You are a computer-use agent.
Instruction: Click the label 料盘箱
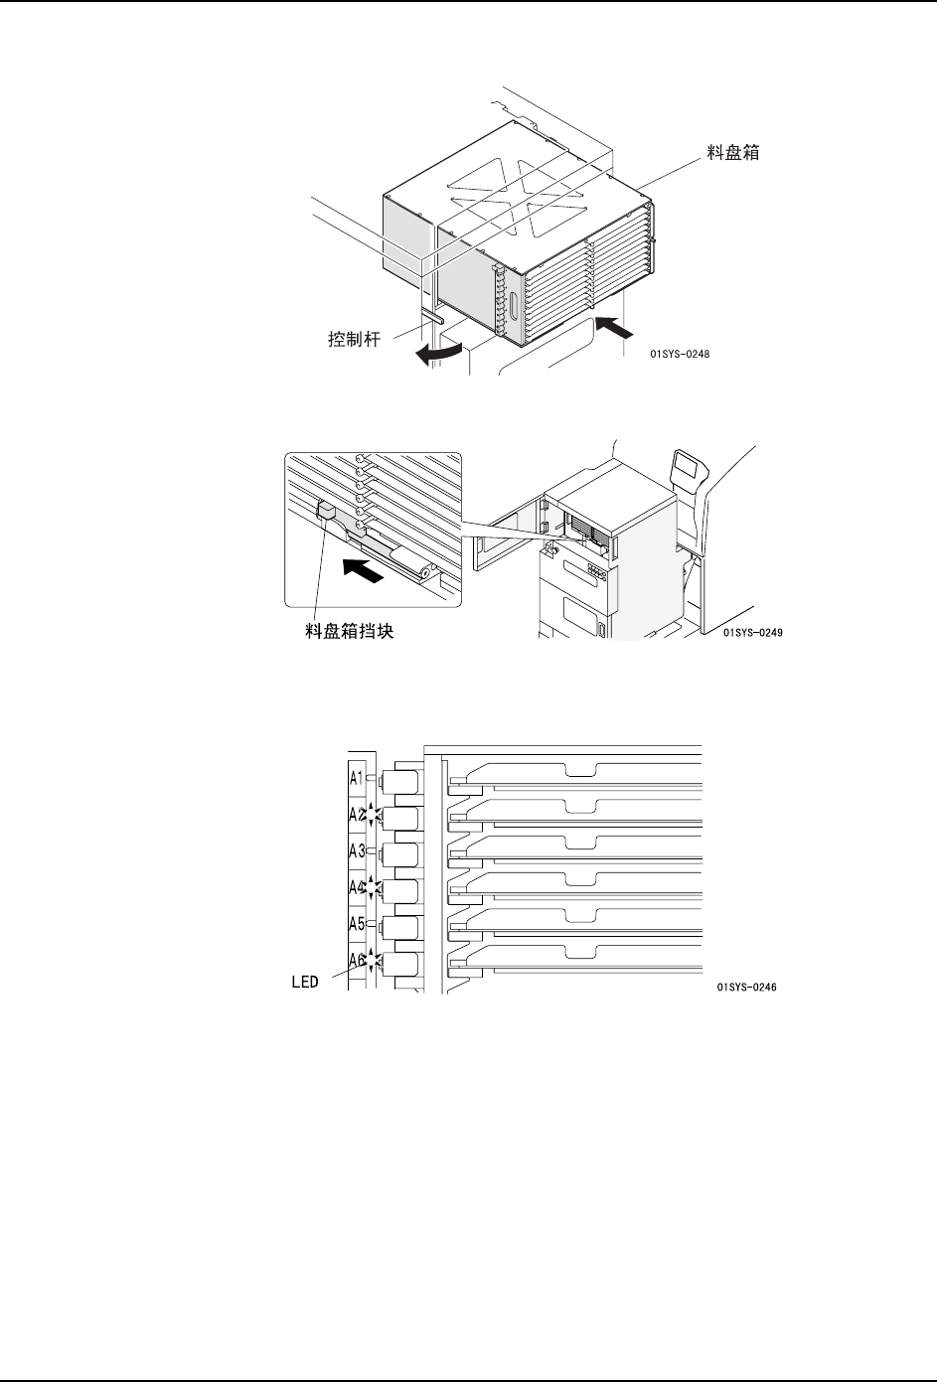tap(733, 154)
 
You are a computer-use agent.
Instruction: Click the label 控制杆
tap(357, 339)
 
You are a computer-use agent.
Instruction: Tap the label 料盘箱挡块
tap(349, 631)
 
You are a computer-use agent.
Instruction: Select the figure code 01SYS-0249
tap(753, 633)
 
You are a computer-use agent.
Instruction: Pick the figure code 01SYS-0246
tap(745, 988)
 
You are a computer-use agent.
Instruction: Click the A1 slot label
tap(357, 777)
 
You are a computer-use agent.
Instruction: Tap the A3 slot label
tap(357, 850)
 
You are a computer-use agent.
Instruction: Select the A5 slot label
tap(357, 923)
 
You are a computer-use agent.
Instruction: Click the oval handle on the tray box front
tap(513, 306)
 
